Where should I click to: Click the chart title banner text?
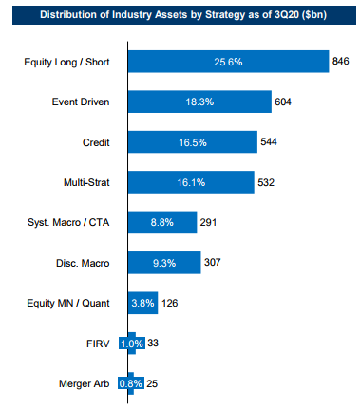(180, 16)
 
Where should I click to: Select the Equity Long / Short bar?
(227, 61)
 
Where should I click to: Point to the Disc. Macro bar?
(163, 262)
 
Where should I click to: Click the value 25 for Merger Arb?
(154, 384)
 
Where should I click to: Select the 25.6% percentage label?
(227, 61)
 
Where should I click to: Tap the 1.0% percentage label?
(132, 344)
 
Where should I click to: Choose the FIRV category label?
(102, 344)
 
